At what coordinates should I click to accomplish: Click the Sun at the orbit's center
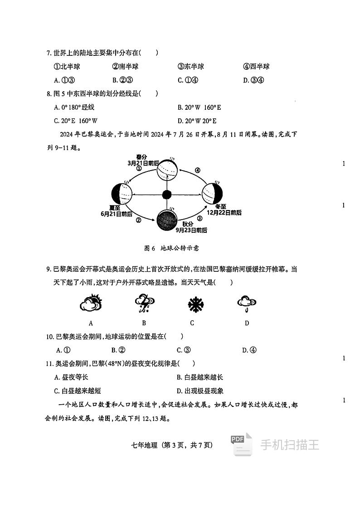(x=167, y=195)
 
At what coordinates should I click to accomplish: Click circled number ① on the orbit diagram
(x=139, y=168)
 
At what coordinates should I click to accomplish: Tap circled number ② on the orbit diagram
(x=139, y=220)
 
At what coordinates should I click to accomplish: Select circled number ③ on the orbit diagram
(x=199, y=218)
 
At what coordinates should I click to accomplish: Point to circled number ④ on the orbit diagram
(x=197, y=170)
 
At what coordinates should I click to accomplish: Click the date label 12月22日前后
(x=224, y=212)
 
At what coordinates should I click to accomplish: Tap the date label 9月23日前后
(x=191, y=230)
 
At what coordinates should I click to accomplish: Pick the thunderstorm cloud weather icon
(x=144, y=303)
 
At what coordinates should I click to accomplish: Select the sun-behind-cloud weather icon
(x=91, y=303)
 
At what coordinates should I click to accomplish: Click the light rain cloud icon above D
(x=247, y=303)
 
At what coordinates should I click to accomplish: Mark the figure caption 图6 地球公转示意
(x=171, y=248)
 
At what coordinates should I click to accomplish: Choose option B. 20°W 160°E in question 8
(x=199, y=108)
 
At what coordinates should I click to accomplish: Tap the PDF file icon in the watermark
(x=241, y=445)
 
